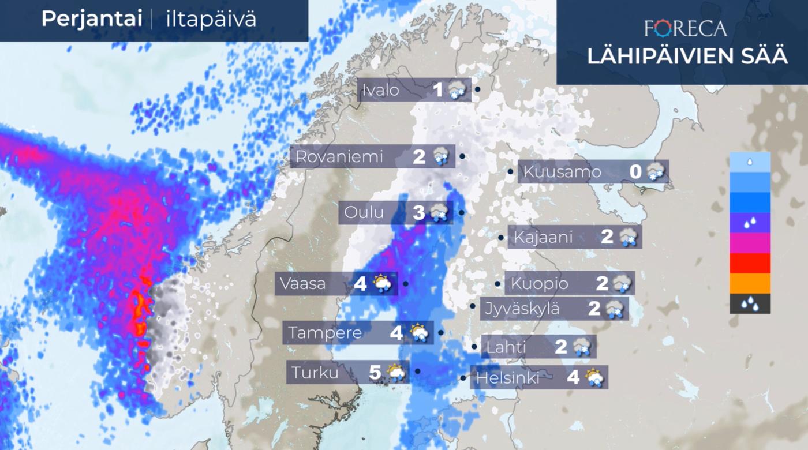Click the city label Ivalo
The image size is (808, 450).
[x=381, y=90]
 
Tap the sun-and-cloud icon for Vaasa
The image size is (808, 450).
[x=383, y=284]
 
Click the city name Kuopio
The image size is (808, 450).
[x=539, y=284]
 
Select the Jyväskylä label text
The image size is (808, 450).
[x=522, y=309]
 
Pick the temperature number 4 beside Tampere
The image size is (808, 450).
[x=396, y=333]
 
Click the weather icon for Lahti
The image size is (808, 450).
[x=582, y=347]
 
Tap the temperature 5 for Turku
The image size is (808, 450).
[x=375, y=373]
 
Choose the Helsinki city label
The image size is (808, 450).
[x=508, y=378]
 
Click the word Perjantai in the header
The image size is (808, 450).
[x=92, y=19]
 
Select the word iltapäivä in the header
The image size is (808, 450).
[x=211, y=19]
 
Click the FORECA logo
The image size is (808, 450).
[x=685, y=28]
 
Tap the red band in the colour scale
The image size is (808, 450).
[x=750, y=263]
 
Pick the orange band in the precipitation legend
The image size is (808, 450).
[x=750, y=283]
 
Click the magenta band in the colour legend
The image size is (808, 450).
[x=750, y=243]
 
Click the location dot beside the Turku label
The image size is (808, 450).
[x=417, y=371]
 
